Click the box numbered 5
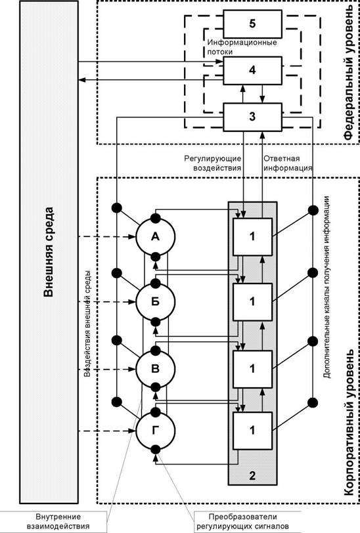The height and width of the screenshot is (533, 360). pos(252,24)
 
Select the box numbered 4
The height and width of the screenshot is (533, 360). pos(252,70)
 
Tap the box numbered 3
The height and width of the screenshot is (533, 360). pos(252,117)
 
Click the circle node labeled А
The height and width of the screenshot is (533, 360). pos(156,236)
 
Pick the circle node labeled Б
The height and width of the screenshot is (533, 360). pos(156,301)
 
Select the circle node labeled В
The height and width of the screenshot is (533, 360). pos(156,369)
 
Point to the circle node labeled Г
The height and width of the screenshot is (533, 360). pos(156,431)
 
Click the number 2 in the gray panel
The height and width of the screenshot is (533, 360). pos(252,475)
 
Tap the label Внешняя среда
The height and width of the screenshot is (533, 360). pos(49,252)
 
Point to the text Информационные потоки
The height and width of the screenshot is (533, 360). pos(242,47)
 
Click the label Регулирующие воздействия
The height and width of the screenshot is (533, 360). pos(213,163)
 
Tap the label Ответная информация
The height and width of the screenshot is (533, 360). pos(288,163)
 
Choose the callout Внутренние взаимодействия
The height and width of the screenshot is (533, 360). pos(58,521)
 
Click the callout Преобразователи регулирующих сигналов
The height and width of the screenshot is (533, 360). pos(243,521)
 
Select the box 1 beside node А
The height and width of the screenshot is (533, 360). pos(252,236)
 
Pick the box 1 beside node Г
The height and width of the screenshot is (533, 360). pos(252,431)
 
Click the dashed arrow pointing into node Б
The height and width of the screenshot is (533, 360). pos(107,301)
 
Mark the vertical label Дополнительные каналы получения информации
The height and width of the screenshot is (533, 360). pos(326,287)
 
